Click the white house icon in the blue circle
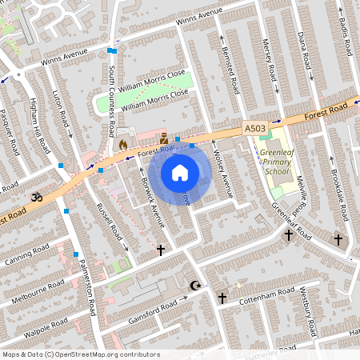pyautogui.click(x=180, y=173)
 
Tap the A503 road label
pyautogui.click(x=255, y=128)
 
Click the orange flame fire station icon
pyautogui.click(x=122, y=146)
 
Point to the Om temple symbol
pyautogui.click(x=35, y=196)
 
